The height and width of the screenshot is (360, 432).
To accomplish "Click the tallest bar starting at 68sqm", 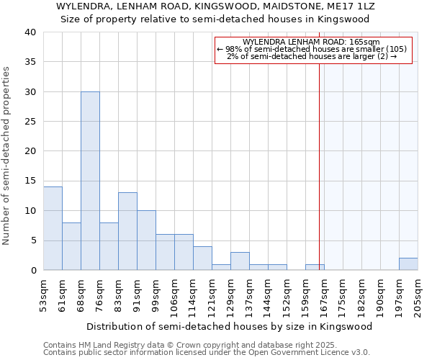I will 90,181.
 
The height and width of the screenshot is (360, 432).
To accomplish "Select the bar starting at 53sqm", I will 53,228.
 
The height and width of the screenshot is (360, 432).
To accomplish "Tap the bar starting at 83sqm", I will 127,231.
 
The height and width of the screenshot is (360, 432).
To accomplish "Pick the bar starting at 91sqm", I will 146,240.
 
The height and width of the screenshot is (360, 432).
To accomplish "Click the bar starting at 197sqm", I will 408,264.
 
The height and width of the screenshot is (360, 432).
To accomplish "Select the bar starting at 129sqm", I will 240,261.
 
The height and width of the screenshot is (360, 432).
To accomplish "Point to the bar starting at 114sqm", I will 202,258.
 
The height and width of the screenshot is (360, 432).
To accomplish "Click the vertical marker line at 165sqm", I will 319,166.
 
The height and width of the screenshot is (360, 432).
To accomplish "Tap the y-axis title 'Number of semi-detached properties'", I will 6,155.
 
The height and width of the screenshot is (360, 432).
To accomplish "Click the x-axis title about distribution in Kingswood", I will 233,326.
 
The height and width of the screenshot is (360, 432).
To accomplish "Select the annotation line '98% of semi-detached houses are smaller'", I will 312,49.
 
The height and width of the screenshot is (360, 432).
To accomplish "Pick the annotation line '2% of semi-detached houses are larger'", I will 312,56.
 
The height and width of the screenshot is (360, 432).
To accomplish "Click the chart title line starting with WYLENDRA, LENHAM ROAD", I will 215,6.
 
